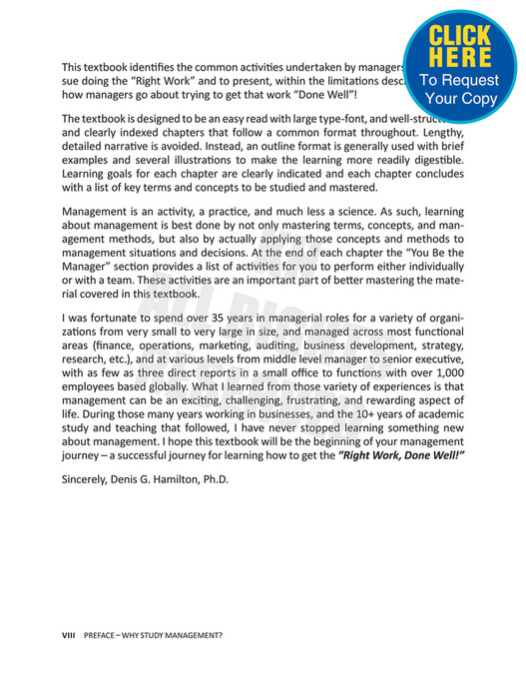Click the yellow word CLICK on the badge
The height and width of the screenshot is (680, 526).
tap(460, 37)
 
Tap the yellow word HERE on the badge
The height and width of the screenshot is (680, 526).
tap(460, 59)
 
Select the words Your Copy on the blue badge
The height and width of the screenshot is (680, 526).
tap(460, 99)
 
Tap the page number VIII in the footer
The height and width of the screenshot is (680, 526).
tap(69, 635)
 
